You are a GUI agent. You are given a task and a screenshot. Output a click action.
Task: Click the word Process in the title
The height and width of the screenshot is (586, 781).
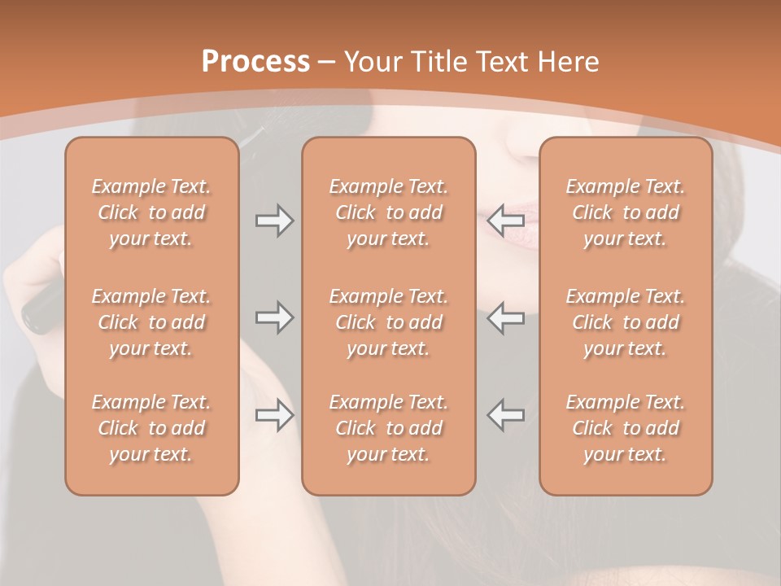tap(255, 61)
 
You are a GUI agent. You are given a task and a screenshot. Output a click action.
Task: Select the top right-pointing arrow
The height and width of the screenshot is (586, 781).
tap(274, 220)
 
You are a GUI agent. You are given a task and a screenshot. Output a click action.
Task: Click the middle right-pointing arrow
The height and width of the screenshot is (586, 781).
tap(274, 317)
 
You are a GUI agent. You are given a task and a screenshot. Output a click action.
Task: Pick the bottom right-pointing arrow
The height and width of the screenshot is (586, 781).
tap(274, 415)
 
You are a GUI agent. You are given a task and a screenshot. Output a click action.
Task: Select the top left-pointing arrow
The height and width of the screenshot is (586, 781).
tap(506, 220)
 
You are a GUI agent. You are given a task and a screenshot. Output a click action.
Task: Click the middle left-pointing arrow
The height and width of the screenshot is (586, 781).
tap(506, 317)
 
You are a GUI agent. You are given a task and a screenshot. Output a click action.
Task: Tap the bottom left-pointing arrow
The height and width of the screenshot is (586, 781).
tap(506, 415)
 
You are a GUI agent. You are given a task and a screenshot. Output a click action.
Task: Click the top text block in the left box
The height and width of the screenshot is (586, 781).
tap(151, 212)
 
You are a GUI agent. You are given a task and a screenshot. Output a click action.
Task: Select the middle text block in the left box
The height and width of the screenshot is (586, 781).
tap(151, 322)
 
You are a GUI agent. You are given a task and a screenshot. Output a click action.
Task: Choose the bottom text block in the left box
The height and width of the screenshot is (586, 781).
tap(151, 428)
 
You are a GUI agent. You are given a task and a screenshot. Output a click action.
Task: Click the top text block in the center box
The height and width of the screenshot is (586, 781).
tap(389, 212)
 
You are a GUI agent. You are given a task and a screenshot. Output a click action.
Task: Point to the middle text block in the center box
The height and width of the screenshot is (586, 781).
tap(389, 322)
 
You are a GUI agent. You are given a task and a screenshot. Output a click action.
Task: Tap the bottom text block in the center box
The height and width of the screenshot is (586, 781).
tap(389, 428)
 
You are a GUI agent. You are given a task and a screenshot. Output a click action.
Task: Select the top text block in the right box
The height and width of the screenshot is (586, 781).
tap(626, 212)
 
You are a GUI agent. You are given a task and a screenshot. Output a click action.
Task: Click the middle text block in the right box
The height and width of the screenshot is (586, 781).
tap(626, 322)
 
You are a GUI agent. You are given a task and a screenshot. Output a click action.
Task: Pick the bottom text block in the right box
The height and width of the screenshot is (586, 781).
tap(626, 428)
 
